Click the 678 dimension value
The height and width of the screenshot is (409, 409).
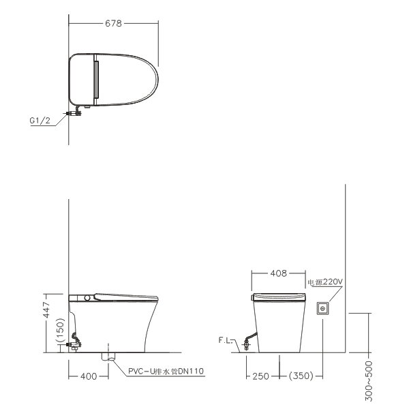click(113, 23)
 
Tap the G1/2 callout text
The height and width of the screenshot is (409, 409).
click(40, 121)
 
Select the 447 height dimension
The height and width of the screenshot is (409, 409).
click(46, 309)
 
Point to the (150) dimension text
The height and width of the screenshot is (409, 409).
click(60, 331)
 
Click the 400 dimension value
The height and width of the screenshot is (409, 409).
click(89, 376)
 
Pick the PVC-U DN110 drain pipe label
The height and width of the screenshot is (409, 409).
click(166, 372)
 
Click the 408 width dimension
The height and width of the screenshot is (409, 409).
click(278, 273)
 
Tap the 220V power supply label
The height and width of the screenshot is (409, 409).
click(325, 282)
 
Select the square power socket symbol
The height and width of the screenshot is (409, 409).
click(322, 309)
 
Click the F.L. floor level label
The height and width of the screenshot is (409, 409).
click(225, 340)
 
